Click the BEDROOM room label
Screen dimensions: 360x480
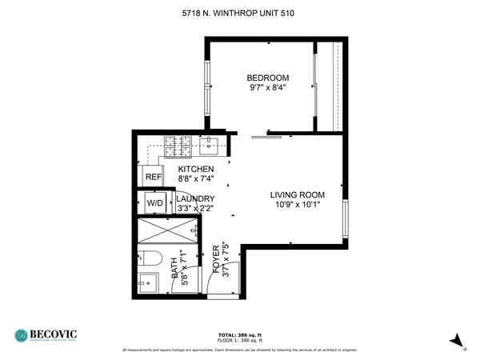coord(267,78)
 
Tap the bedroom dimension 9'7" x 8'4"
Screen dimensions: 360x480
coord(267,88)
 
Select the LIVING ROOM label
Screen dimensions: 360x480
coord(297,194)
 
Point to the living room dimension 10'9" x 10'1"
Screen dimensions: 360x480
coord(297,205)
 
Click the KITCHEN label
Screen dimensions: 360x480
coord(195,170)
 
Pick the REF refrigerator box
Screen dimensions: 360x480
coord(154,178)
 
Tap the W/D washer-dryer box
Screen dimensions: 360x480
coord(154,204)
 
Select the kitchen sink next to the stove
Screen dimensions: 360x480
coord(210,145)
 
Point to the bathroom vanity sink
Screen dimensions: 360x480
coord(146,283)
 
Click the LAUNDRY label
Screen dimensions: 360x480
coord(195,198)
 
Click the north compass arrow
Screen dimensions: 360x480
coord(456,341)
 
